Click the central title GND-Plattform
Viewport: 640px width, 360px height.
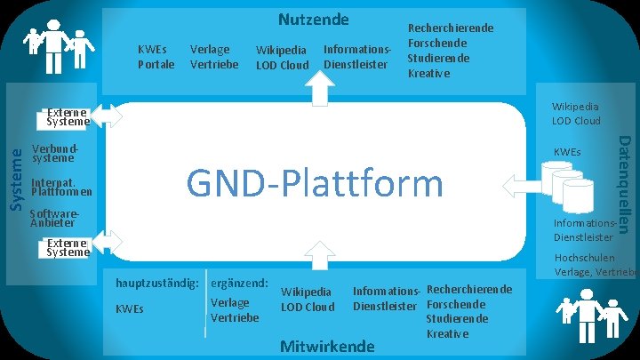(x=314, y=183)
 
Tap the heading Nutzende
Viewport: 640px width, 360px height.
(x=314, y=19)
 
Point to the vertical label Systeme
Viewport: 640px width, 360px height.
(x=15, y=179)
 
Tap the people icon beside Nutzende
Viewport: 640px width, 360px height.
(x=59, y=44)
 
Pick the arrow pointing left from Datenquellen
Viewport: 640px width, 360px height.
(x=517, y=187)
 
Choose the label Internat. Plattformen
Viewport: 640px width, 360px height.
(x=61, y=186)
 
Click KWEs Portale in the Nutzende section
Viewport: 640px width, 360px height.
(x=156, y=56)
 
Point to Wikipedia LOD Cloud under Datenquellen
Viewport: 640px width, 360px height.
(x=575, y=113)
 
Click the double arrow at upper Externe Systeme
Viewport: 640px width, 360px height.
(x=107, y=116)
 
